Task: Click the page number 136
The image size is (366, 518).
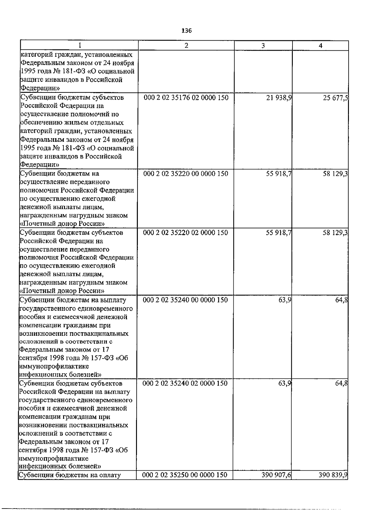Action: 186,31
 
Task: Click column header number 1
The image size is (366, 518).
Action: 79,45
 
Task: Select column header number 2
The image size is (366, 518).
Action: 186,45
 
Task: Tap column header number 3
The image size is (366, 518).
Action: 263,45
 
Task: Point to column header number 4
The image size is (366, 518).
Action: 321,45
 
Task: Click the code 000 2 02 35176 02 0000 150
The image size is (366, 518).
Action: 186,98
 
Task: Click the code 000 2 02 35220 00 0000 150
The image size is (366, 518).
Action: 185,174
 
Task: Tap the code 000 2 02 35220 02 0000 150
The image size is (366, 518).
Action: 185,233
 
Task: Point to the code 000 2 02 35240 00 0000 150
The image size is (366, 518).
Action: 185,300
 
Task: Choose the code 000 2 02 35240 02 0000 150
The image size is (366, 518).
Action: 185,383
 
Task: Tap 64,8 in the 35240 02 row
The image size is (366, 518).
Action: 341,383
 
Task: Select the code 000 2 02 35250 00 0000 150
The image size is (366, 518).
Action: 185,475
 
